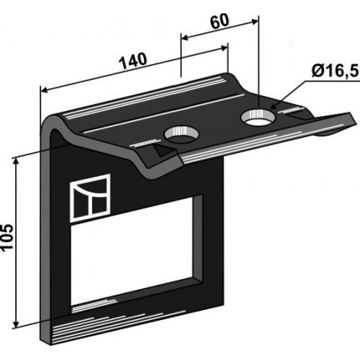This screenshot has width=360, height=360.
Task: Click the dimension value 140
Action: tap(132, 60)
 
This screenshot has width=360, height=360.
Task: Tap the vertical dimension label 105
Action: tap(8, 237)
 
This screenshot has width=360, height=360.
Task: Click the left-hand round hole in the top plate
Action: tap(182, 134)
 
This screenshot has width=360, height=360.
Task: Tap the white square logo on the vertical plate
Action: tap(90, 198)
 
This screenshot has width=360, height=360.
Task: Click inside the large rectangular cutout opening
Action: tap(133, 251)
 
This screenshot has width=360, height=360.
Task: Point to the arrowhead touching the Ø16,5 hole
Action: tap(275, 106)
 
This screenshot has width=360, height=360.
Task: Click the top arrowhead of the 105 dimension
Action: tap(17, 161)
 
